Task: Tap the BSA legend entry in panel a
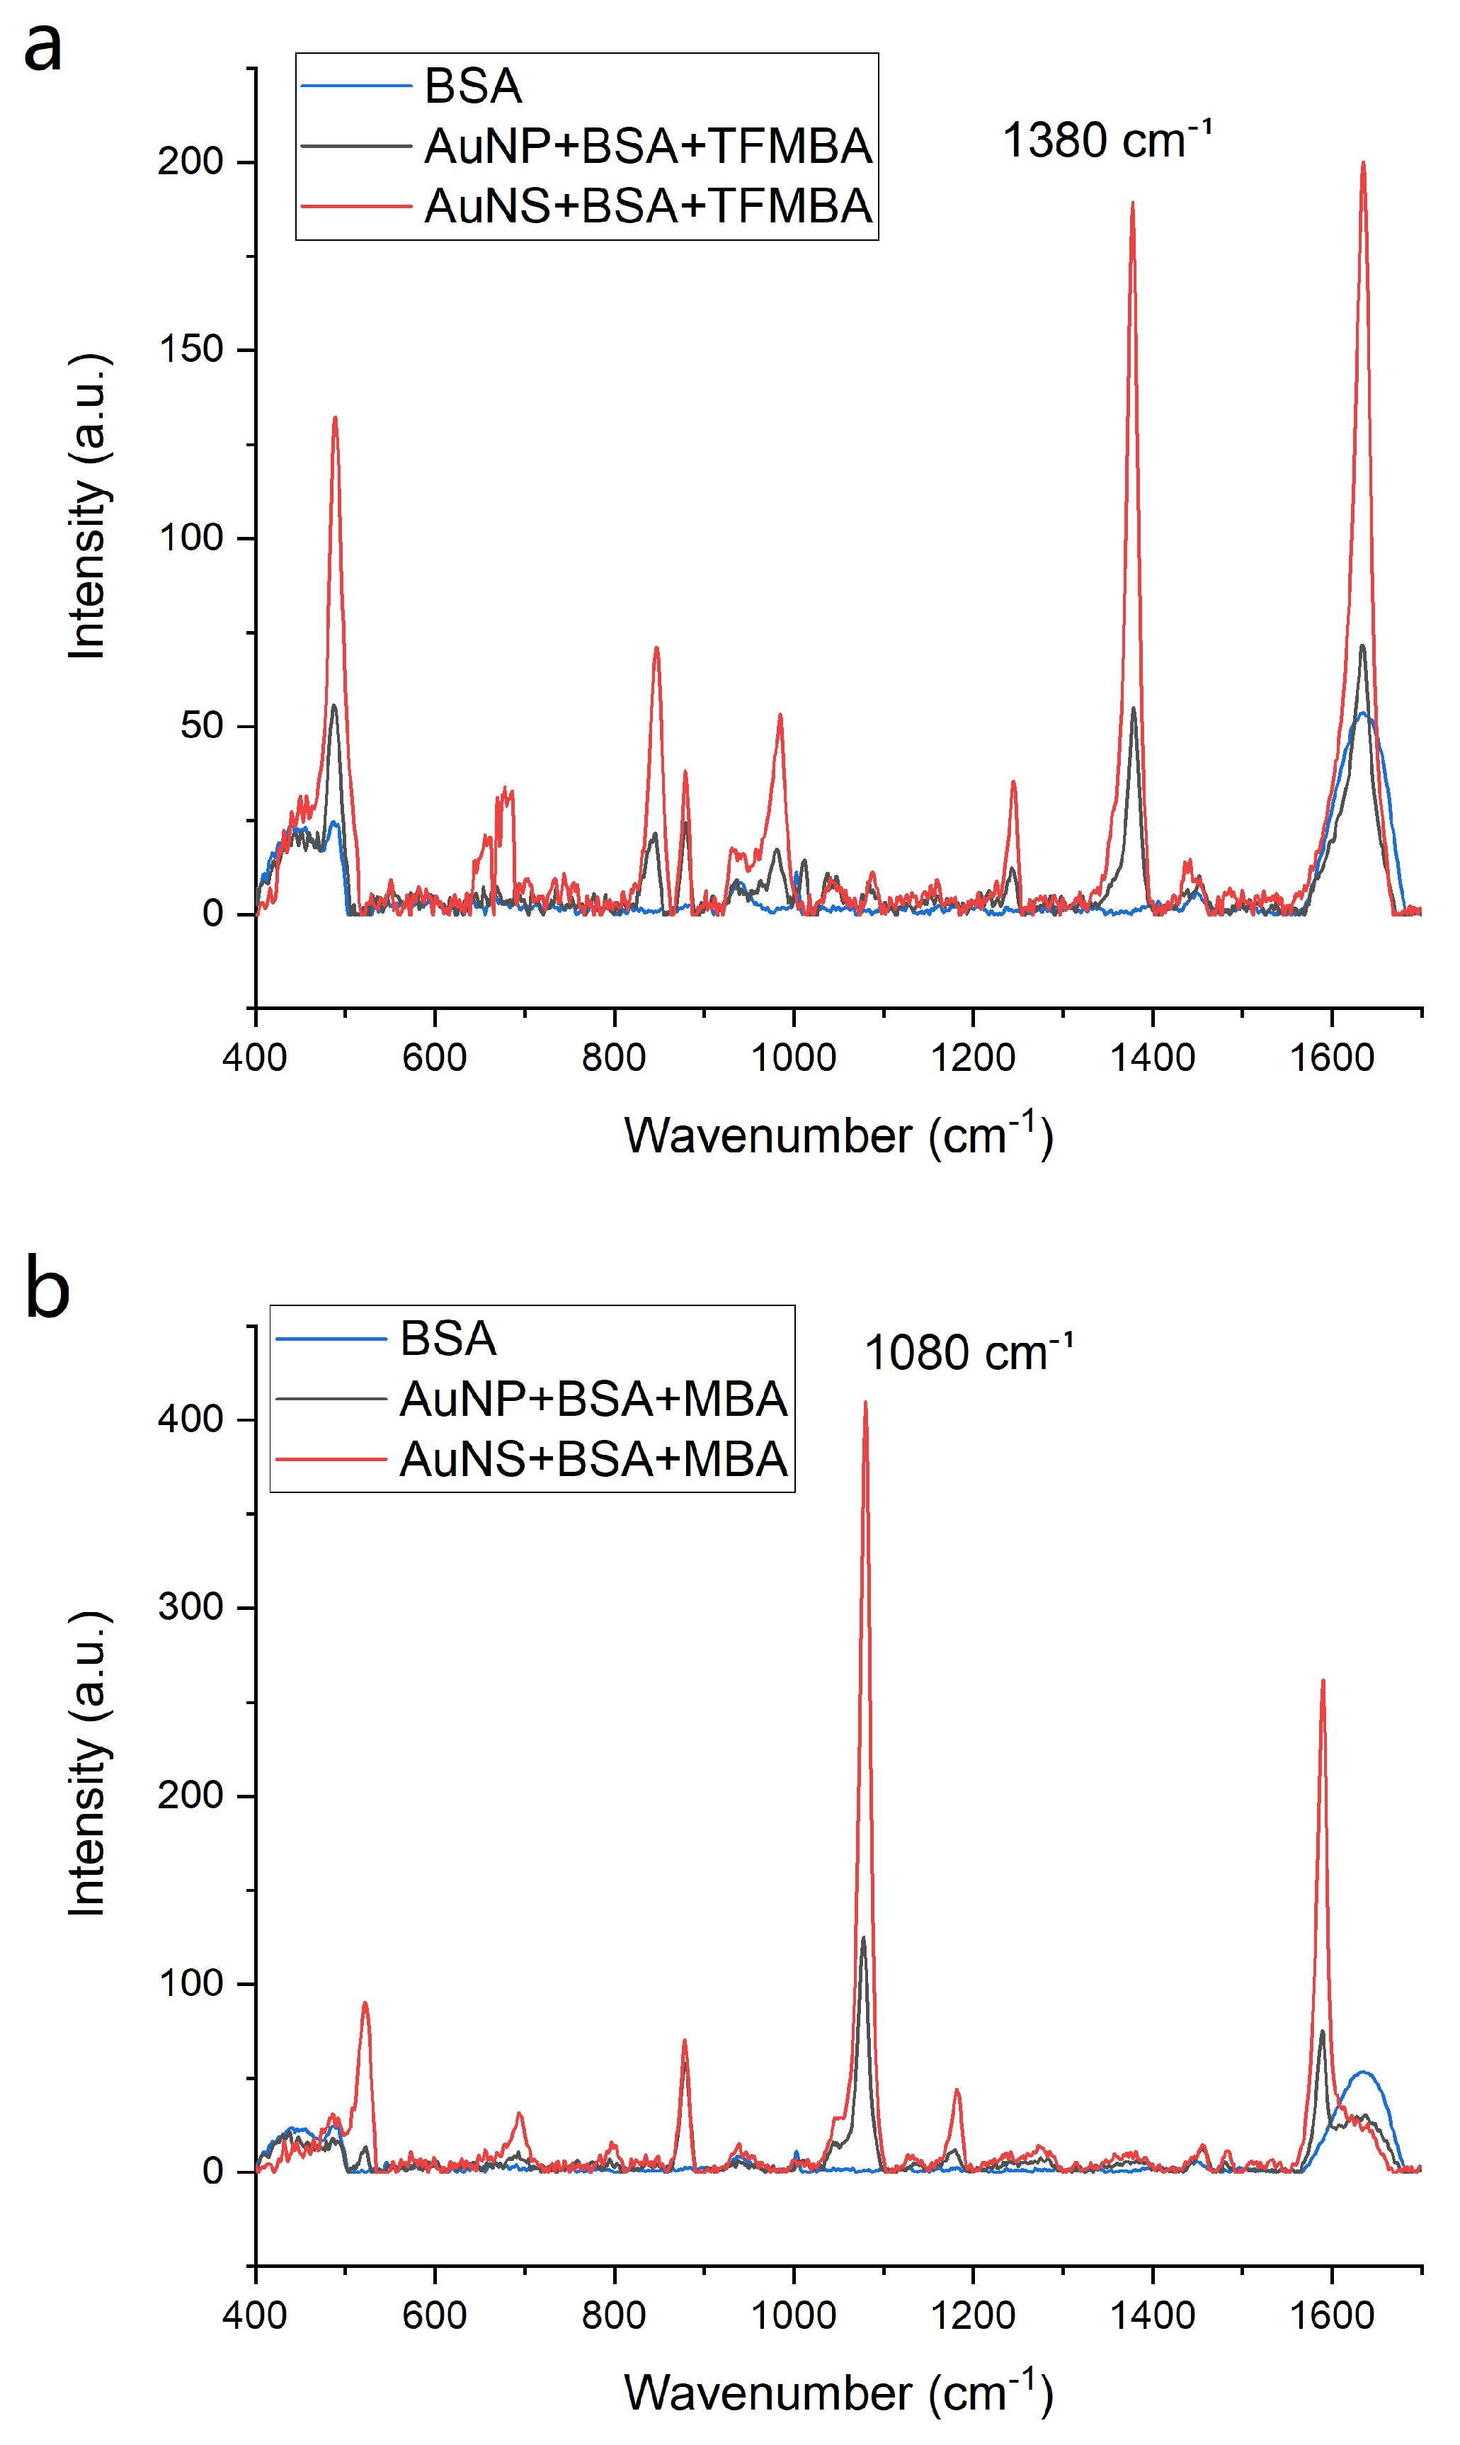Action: tap(472, 86)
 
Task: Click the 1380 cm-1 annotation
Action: tap(1107, 140)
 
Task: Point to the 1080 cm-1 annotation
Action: tap(968, 1353)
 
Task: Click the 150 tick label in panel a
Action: tap(191, 351)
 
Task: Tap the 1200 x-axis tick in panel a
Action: tap(972, 1057)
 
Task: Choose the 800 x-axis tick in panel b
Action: tap(614, 2315)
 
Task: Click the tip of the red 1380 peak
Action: tap(1132, 204)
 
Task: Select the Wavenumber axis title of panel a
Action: tap(838, 1135)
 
